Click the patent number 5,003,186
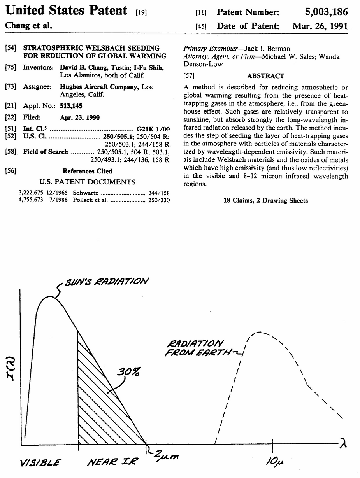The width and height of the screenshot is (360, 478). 326,12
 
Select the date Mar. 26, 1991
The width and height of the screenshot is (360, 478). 320,26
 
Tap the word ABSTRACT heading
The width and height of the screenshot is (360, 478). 265,76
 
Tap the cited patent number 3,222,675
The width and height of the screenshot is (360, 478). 31,193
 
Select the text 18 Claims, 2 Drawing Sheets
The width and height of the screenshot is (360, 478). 265,201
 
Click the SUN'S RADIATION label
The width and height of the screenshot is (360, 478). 106,281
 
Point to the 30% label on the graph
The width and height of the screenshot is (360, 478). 129,371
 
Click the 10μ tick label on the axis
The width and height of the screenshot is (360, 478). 273,462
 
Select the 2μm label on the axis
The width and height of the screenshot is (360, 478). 166,455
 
